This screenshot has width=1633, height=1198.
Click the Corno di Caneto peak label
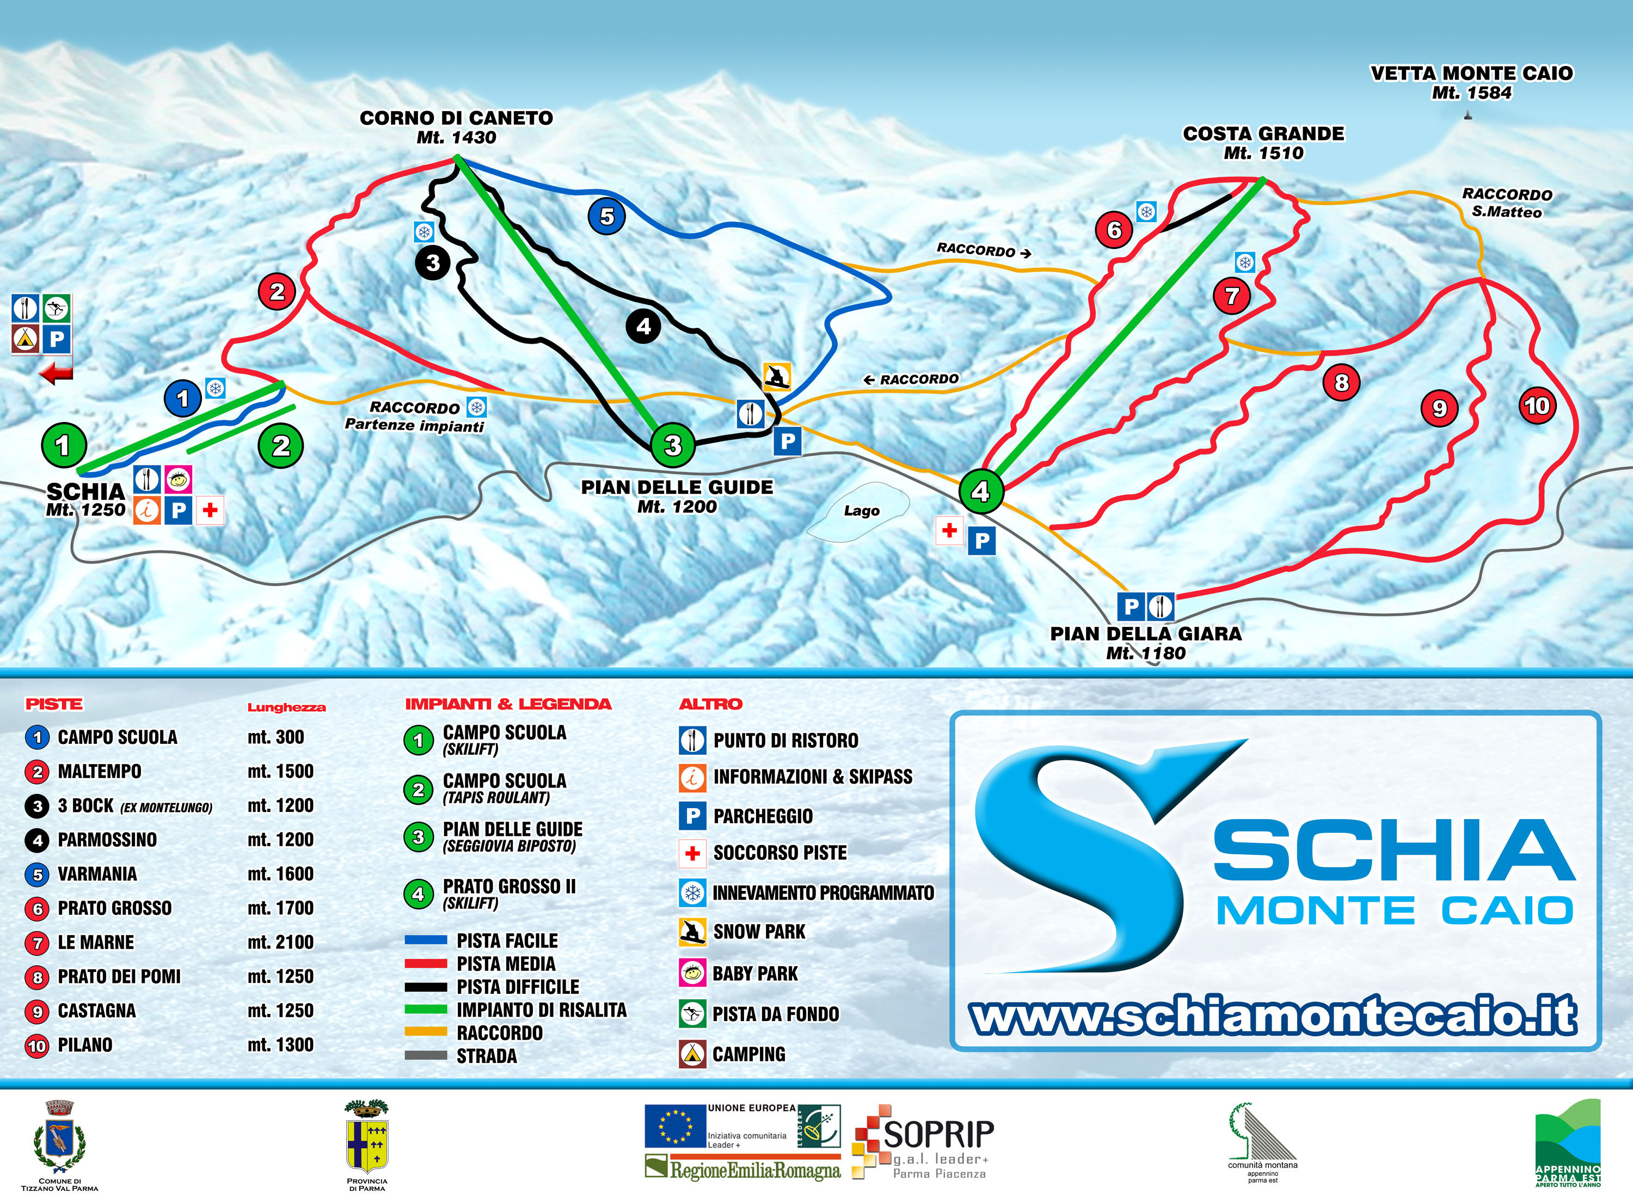point(456,127)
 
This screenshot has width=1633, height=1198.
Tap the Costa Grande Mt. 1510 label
point(1263,143)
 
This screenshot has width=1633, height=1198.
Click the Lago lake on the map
point(861,511)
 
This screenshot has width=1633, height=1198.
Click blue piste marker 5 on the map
point(607,216)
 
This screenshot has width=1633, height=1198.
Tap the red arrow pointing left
point(57,374)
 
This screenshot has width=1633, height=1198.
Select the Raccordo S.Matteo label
point(1507,203)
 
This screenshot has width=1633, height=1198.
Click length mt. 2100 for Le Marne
point(280,942)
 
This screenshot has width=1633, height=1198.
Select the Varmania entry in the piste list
point(97,874)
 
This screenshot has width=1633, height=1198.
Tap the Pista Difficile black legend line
point(426,987)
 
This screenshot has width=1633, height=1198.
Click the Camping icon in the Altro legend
point(692,1054)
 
